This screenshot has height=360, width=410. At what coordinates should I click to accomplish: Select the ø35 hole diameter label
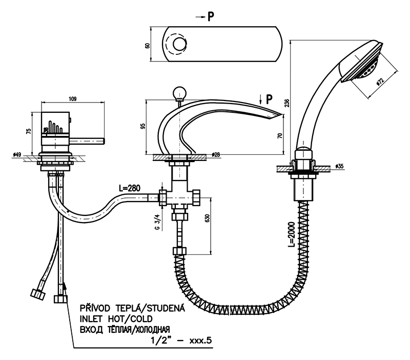[339, 166]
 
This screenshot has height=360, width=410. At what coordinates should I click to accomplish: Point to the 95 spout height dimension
[143, 126]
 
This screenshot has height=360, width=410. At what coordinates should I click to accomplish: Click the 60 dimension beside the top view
[147, 45]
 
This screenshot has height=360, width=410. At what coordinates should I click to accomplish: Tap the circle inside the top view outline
[179, 45]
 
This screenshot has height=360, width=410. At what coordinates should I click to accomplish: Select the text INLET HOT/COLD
[116, 318]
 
